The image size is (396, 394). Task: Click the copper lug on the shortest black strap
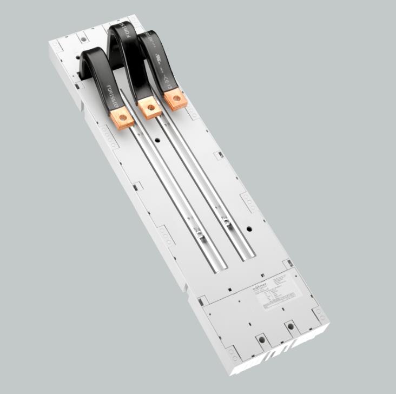(x=122, y=117)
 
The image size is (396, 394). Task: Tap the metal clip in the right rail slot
(x=225, y=219)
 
